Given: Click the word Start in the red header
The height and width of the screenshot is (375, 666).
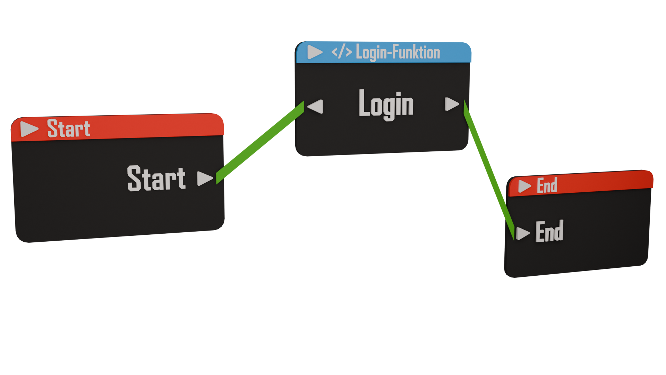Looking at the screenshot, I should point(69,128).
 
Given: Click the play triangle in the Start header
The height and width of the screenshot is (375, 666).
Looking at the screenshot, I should point(28,129).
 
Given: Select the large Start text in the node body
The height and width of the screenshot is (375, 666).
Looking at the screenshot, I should point(156,178).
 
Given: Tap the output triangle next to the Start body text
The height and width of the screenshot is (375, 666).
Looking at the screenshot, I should point(204,178).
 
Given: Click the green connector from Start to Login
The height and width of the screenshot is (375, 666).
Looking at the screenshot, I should point(260,143).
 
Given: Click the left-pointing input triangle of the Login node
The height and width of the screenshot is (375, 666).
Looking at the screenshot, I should point(316,106).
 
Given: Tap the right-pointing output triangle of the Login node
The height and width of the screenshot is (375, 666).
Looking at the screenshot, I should point(451,104).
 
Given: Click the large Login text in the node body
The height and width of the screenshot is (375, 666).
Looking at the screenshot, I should point(386,104).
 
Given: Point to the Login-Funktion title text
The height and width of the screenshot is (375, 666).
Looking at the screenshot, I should point(398,53).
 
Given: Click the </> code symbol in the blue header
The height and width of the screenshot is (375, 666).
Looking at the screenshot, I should point(341,52).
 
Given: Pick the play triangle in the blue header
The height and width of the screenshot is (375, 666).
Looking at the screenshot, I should point(314,52).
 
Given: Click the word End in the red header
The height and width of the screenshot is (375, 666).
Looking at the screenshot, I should point(547,185).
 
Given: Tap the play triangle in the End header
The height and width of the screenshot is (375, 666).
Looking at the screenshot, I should point(524,186).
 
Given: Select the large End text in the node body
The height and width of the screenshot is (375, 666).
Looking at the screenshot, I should point(549,231).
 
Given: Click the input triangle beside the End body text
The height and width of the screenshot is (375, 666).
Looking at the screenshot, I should point(522,233).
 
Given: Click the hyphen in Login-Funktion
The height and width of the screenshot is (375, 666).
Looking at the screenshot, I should point(390,53).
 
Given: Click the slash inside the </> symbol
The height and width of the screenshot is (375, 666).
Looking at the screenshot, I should point(341,52).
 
